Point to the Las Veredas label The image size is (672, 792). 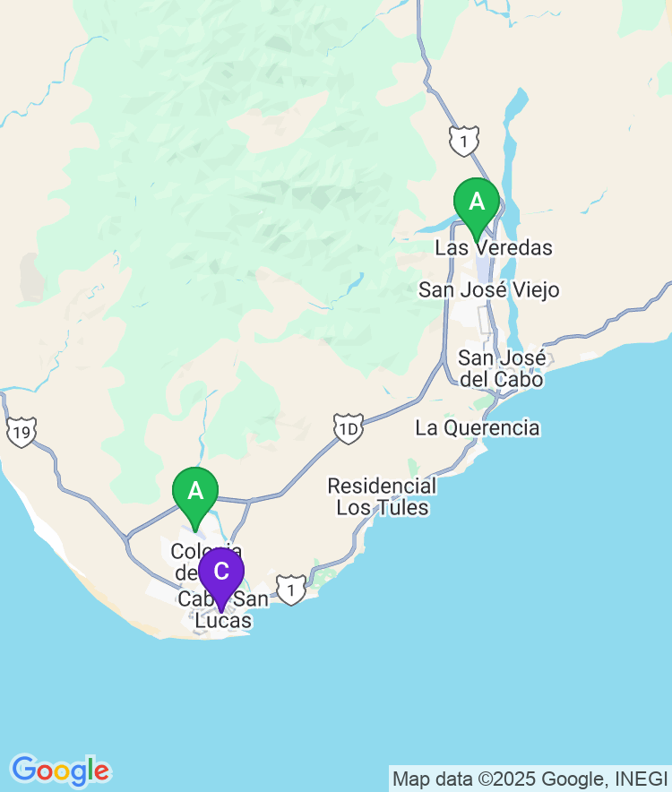coord(494,247)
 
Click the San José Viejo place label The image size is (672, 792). coord(489,290)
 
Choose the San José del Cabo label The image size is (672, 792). coord(501,368)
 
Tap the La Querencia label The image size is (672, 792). coord(478,428)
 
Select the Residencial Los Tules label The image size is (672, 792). coord(382,497)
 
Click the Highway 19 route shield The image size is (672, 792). coord(21,433)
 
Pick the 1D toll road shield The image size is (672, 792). coord(348,427)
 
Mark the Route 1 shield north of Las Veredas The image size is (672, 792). coord(464,140)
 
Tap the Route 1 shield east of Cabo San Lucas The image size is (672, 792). coord(289,589)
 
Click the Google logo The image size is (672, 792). coord(61,770)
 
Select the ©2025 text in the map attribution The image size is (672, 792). coord(510,779)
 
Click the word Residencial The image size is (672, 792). coord(382,486)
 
